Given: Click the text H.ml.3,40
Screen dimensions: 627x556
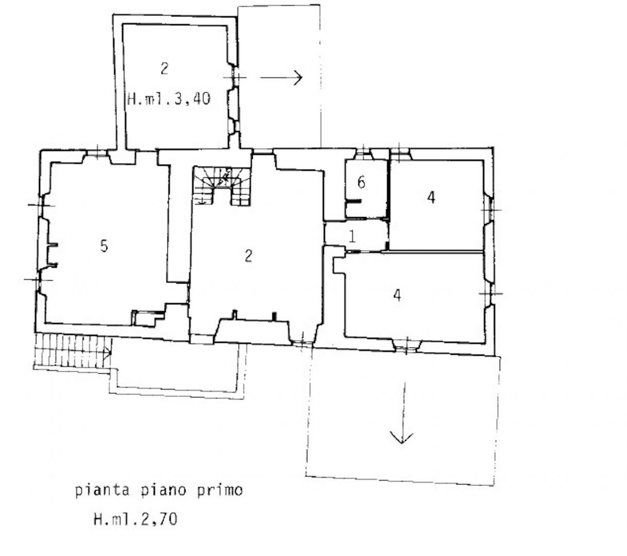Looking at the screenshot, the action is pyautogui.click(x=169, y=99).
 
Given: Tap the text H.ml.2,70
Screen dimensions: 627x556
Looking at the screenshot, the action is pyautogui.click(x=135, y=519).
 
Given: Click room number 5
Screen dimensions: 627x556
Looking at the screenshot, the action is pyautogui.click(x=104, y=246).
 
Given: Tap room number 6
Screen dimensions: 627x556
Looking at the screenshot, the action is pyautogui.click(x=361, y=182).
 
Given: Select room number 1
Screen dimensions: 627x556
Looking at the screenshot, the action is pyautogui.click(x=352, y=237).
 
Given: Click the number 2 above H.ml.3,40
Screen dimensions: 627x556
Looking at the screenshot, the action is pyautogui.click(x=164, y=68).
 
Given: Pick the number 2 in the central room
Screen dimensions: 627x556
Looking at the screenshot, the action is pyautogui.click(x=248, y=256).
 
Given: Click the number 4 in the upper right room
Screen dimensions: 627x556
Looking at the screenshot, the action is pyautogui.click(x=431, y=197).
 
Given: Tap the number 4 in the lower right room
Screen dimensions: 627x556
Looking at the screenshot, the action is pyautogui.click(x=397, y=295).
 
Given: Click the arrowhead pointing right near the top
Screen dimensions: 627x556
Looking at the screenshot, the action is pyautogui.click(x=298, y=77).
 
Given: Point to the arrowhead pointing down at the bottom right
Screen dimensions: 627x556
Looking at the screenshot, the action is pyautogui.click(x=402, y=438).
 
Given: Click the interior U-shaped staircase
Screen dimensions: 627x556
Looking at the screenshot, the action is pyautogui.click(x=221, y=186).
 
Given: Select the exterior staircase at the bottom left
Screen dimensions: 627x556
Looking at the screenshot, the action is pyautogui.click(x=73, y=351).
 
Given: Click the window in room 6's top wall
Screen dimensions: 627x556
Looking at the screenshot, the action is pyautogui.click(x=363, y=153).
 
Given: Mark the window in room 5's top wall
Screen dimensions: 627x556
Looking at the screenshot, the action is pyautogui.click(x=97, y=153).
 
